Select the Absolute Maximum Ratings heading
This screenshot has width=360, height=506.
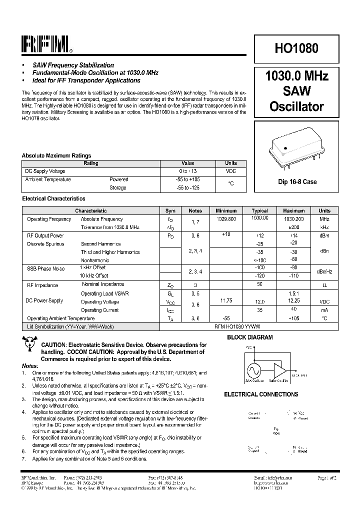[x=56, y=155]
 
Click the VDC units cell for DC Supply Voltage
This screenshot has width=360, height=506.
[x=231, y=171]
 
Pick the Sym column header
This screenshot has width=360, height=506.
[x=170, y=210]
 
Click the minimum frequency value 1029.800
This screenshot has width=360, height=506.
[x=226, y=219]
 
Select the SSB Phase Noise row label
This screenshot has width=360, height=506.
[x=45, y=268]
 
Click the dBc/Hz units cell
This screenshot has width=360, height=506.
[x=324, y=271]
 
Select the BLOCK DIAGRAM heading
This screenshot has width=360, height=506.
[x=250, y=337]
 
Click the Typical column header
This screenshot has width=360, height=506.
[x=259, y=210]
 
